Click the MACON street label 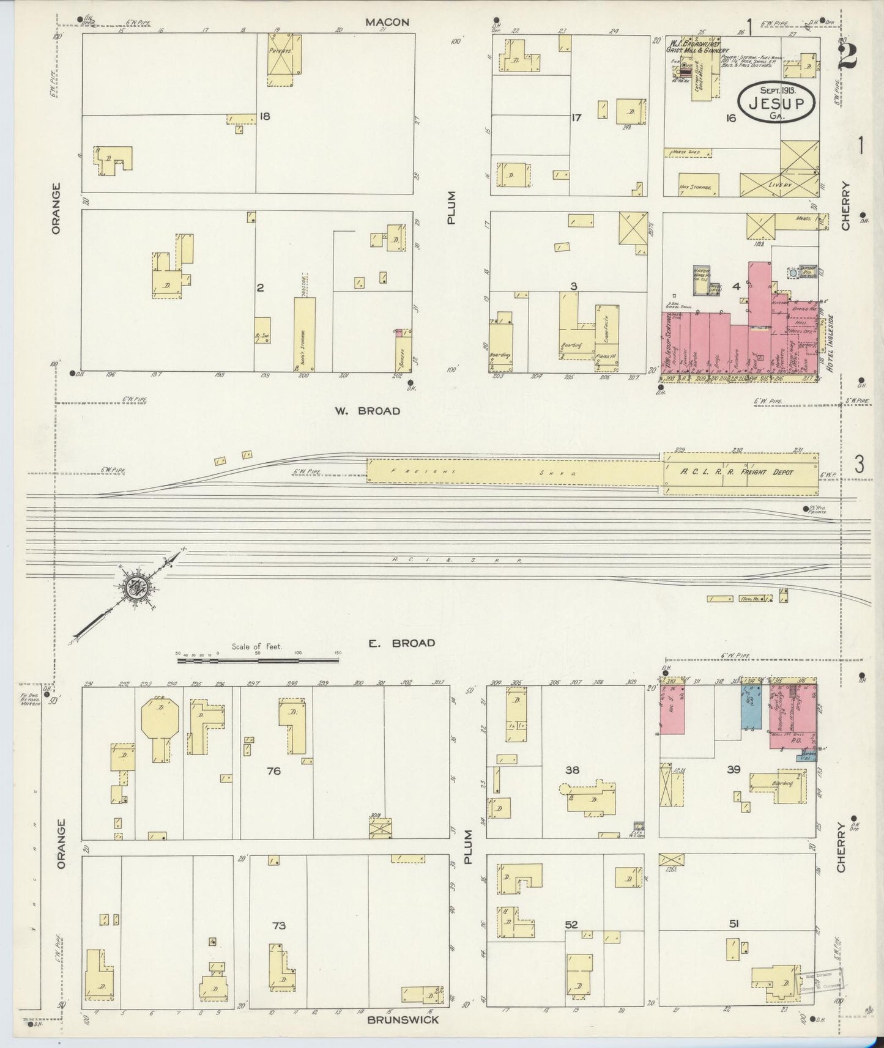click(x=387, y=22)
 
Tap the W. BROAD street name click(x=367, y=411)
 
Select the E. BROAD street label click(x=402, y=643)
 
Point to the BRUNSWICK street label click(x=403, y=1020)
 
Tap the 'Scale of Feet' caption click(x=256, y=646)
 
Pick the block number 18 click(x=264, y=116)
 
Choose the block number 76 click(x=273, y=771)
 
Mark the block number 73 click(x=278, y=925)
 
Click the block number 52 click(x=572, y=925)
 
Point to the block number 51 click(x=734, y=924)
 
